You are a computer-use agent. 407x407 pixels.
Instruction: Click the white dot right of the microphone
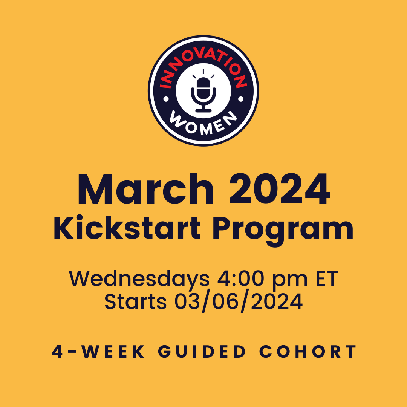point(240,99)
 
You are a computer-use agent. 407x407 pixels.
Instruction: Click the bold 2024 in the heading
point(280,189)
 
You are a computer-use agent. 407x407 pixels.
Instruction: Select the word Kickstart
point(127,228)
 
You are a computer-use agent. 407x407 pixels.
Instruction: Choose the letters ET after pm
point(327,279)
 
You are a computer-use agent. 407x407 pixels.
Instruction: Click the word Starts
point(135,301)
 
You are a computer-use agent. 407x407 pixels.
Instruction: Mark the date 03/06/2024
point(239,302)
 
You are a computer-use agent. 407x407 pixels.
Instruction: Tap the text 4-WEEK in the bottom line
point(98,352)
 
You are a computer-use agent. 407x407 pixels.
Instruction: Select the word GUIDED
point(202,352)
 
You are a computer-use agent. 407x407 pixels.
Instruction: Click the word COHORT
point(308,352)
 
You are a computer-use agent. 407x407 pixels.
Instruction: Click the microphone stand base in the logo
point(203,111)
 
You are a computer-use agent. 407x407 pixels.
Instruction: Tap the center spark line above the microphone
point(203,72)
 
